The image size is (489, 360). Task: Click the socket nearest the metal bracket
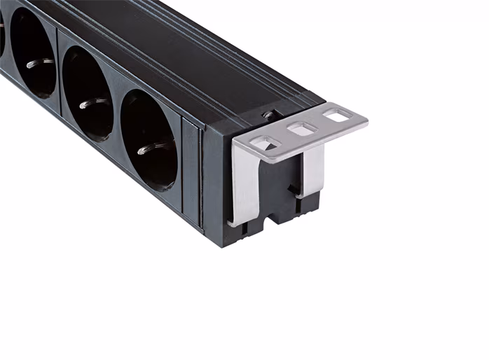149,140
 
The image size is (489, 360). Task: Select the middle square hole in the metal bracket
302,129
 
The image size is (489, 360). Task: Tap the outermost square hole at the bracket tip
338,115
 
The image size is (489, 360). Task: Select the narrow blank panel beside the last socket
190,170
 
